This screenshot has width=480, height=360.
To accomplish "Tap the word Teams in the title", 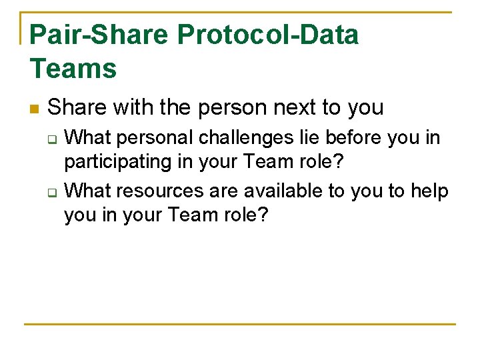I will click(73, 68).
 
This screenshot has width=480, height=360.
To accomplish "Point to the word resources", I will click(167, 191).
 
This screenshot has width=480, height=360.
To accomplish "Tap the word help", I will click(430, 191).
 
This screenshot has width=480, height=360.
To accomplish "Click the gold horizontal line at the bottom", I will click(240, 325).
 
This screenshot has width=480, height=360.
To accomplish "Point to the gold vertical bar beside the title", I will click(21, 28).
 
